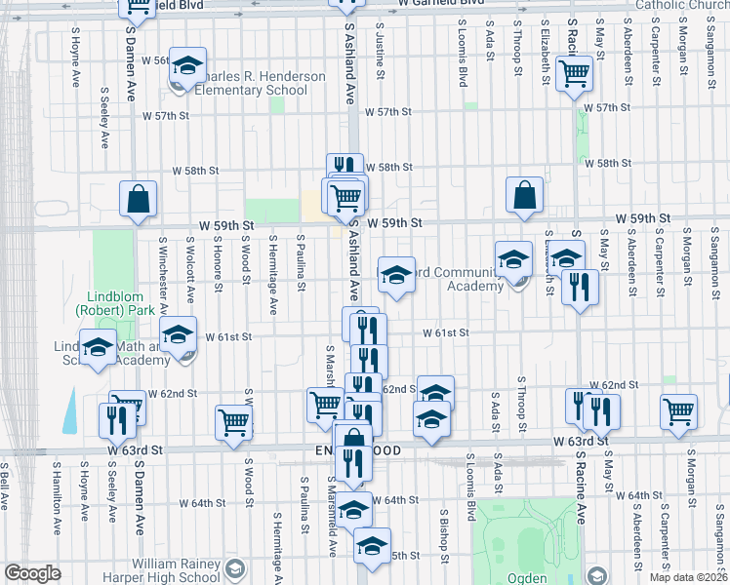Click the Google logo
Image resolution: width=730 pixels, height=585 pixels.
pos(32,573)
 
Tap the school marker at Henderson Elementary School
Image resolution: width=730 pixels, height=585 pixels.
pos(186,66)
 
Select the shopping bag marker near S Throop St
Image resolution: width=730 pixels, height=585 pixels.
pos(525,195)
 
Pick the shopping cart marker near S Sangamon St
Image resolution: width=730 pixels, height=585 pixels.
pos(678,410)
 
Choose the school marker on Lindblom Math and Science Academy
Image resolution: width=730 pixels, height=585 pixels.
pos(98,348)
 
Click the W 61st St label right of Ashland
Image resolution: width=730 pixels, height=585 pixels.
pos(446,332)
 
